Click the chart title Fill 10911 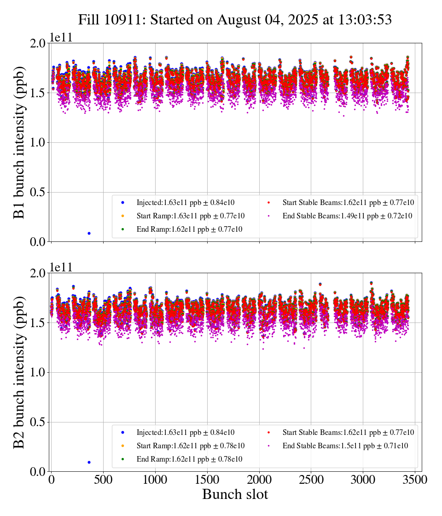click(235, 20)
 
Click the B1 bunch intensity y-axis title click(20, 142)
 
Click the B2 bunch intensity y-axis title click(20, 372)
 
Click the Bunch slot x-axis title click(235, 495)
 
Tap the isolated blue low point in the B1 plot click(89, 233)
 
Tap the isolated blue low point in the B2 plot click(89, 462)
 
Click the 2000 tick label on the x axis click(259, 480)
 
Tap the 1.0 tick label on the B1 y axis click(37, 142)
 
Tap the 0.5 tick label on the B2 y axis click(37, 422)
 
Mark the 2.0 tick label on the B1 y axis click(37, 43)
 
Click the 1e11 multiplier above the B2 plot click(61, 267)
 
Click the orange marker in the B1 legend click(122, 216)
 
